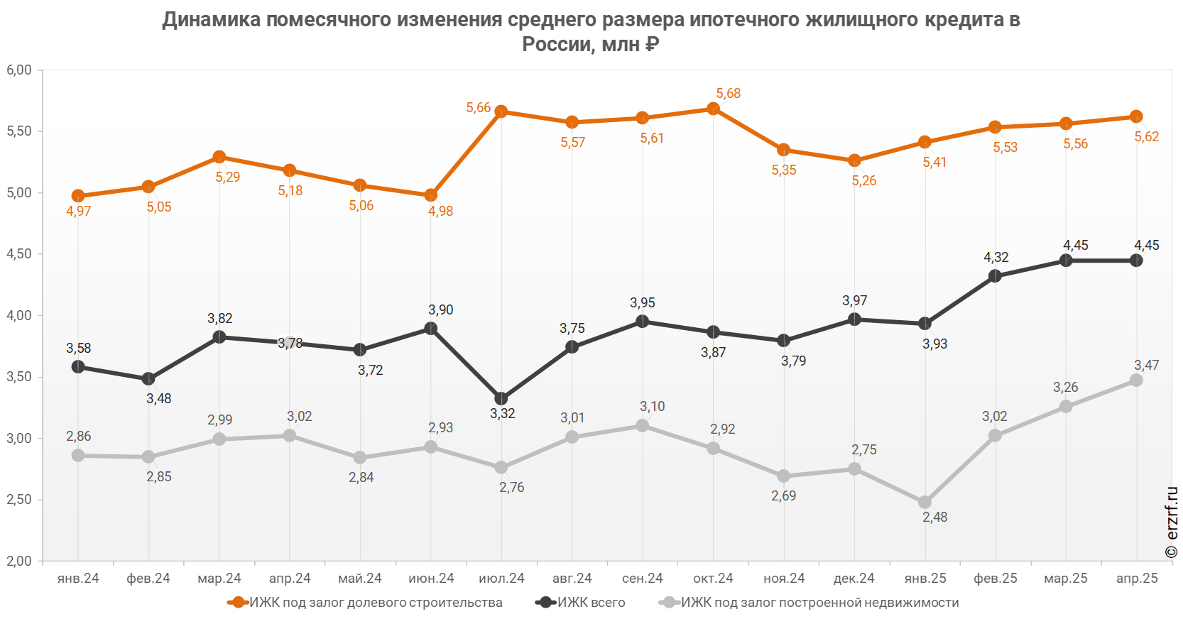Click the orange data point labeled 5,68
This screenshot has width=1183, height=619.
point(714,109)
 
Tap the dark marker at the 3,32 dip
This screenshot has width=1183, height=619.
point(501,399)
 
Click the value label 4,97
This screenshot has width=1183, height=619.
point(78,211)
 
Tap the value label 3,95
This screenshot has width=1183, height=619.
point(643,303)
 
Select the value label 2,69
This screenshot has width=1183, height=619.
point(784,495)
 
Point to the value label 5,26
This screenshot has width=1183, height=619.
point(864,181)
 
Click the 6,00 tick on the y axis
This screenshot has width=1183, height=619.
point(19,70)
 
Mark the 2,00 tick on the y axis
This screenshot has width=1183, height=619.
point(19,561)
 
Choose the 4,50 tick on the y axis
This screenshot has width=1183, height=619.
point(19,254)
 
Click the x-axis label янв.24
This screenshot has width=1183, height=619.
point(78,579)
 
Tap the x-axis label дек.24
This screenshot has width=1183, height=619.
point(854,579)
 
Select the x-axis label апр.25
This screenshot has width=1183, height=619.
point(1137,579)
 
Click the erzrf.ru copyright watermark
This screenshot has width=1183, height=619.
point(1172,522)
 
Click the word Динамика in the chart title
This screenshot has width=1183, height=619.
point(211,20)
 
